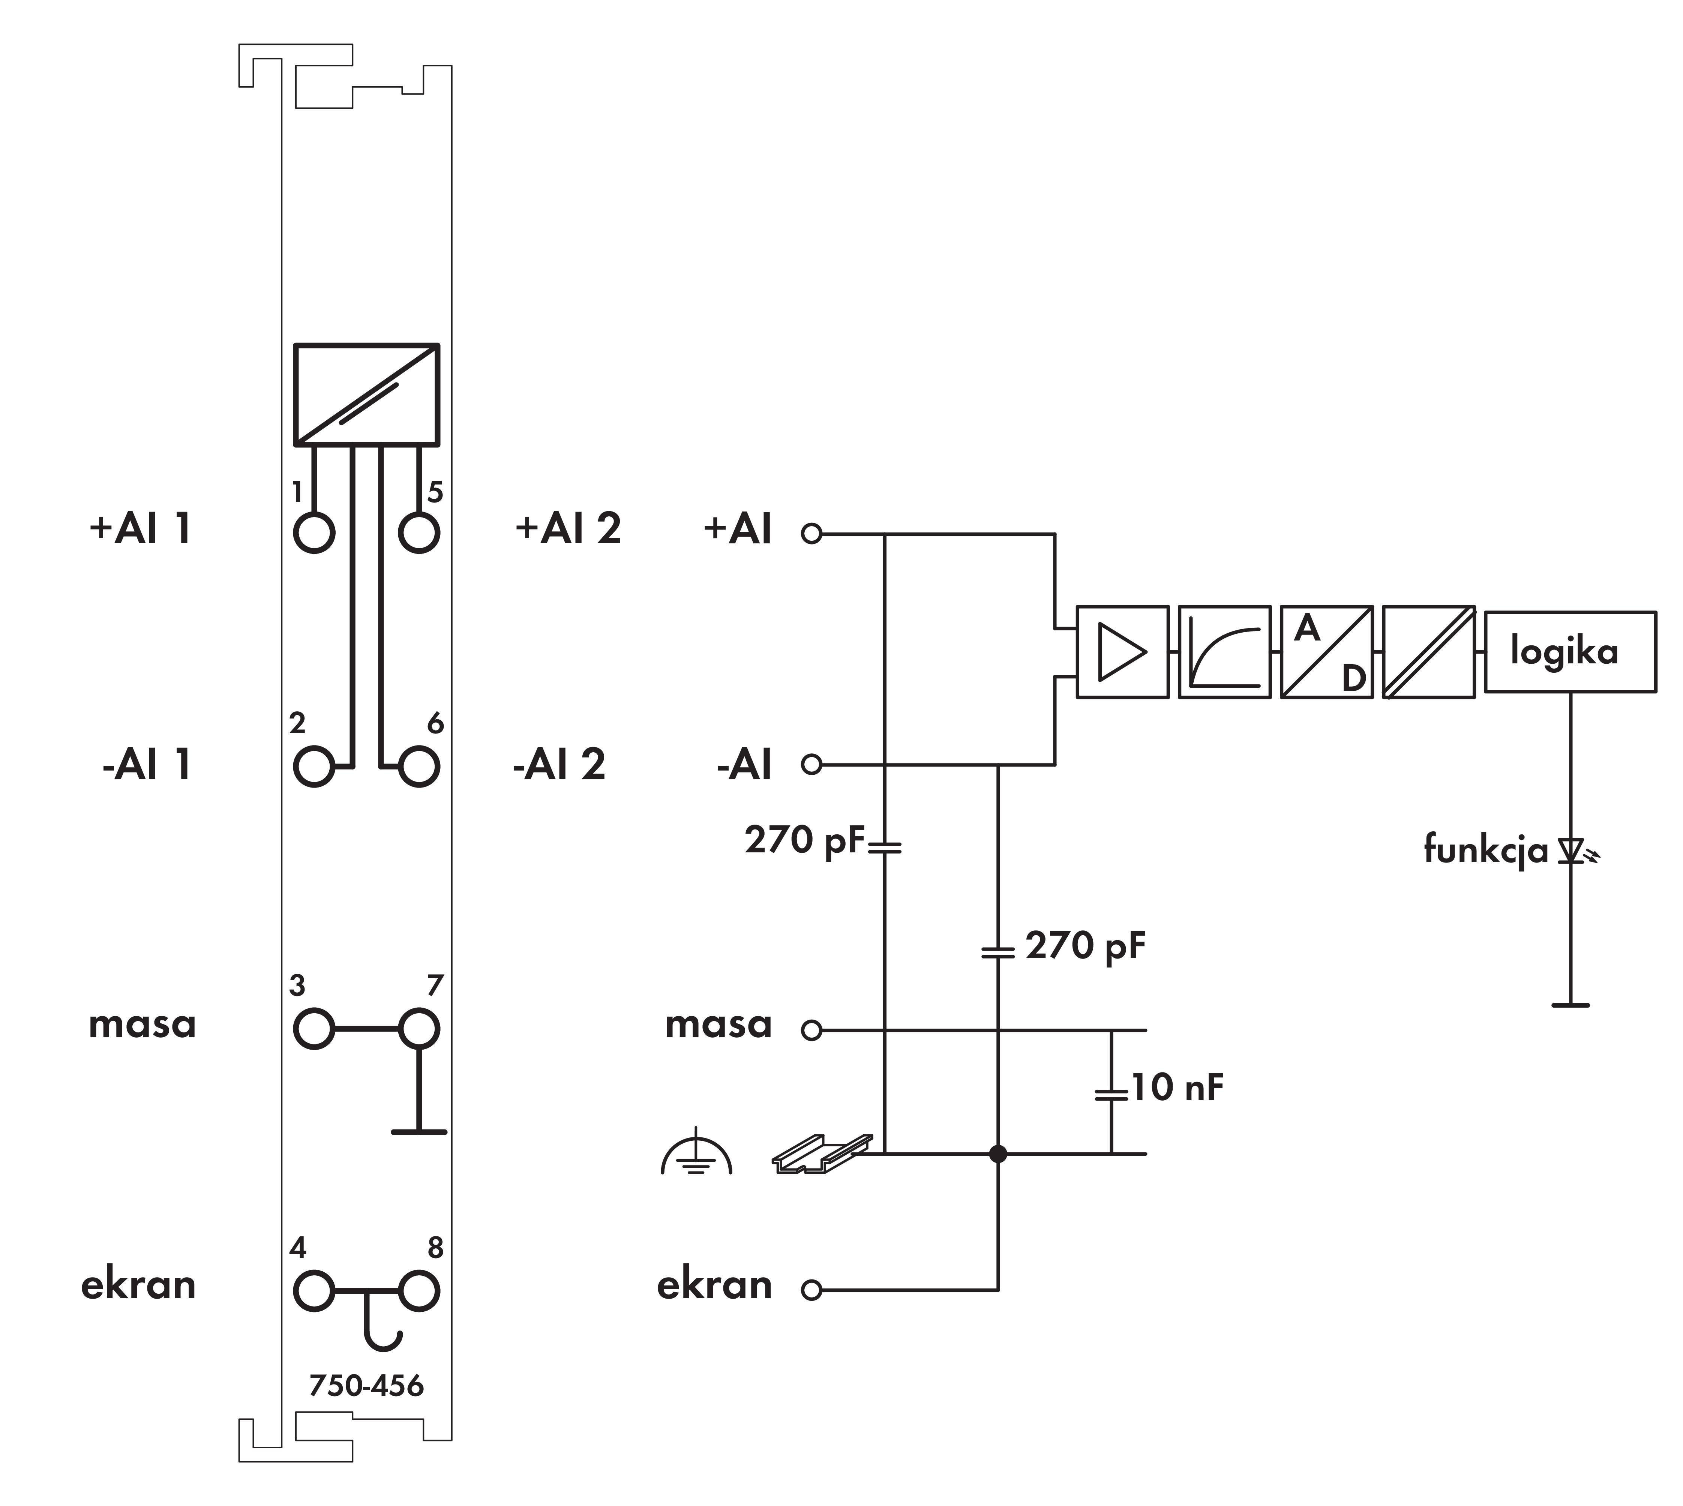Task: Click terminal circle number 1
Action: coord(313,532)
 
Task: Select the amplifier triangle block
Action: coord(1122,652)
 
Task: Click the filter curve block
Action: coord(1224,652)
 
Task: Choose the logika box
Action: coord(1570,652)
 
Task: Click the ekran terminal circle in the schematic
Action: coord(812,1290)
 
